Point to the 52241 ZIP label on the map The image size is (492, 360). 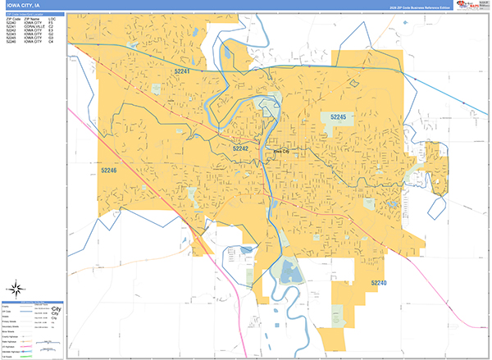[x=183, y=72]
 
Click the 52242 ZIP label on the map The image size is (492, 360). [x=240, y=148]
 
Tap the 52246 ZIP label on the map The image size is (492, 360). [x=109, y=171]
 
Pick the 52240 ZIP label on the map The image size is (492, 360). [x=378, y=283]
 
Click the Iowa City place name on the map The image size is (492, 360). [x=281, y=152]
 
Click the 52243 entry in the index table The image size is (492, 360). [x=12, y=34]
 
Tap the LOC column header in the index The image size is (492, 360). [x=52, y=17]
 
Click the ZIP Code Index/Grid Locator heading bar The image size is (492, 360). [x=34, y=13]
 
